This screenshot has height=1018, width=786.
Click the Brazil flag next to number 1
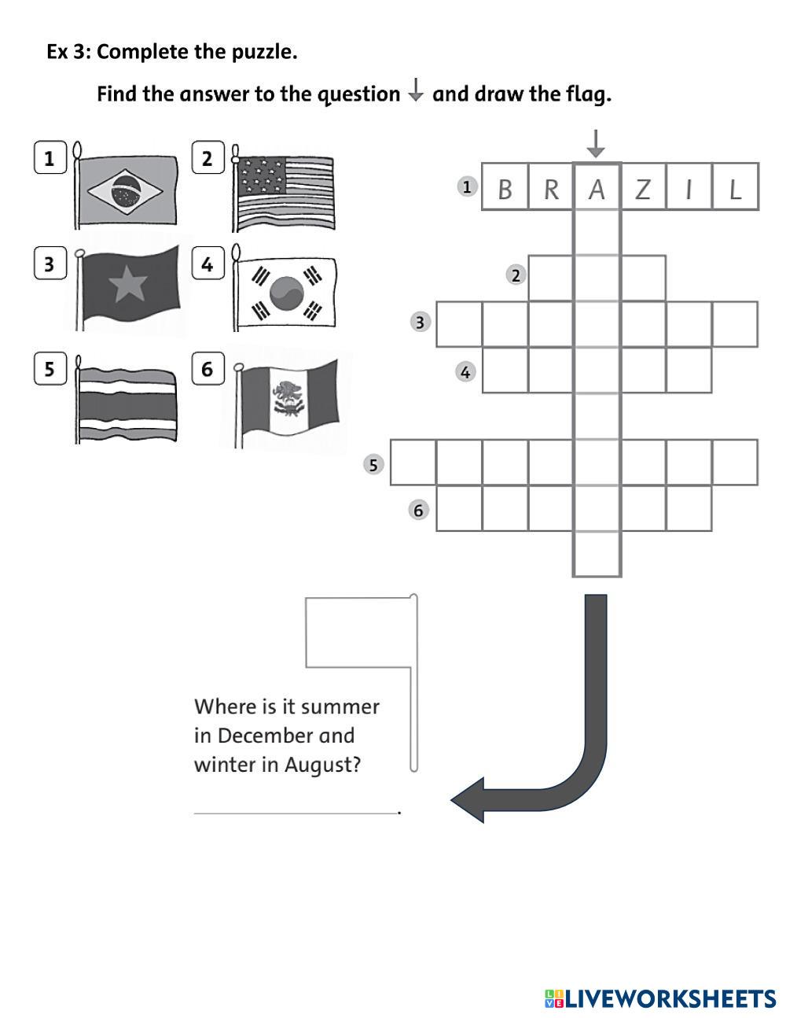point(125,190)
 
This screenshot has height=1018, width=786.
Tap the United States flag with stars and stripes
point(285,192)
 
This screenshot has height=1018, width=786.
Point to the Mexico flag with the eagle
point(289,398)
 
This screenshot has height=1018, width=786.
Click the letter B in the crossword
point(505,189)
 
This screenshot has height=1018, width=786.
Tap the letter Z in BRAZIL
point(643,189)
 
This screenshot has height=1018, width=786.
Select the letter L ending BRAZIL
point(735,189)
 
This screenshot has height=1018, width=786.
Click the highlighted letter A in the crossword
point(597,189)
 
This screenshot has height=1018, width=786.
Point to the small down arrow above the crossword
point(597,143)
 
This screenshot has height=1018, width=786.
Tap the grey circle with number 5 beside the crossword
point(373,464)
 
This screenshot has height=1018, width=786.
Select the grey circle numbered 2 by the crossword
point(516,275)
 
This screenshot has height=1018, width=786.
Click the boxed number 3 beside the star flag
point(50,263)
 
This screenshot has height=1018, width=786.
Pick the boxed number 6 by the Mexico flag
point(208,368)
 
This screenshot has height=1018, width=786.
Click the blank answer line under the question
point(296,812)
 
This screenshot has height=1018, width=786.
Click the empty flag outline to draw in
point(358,632)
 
